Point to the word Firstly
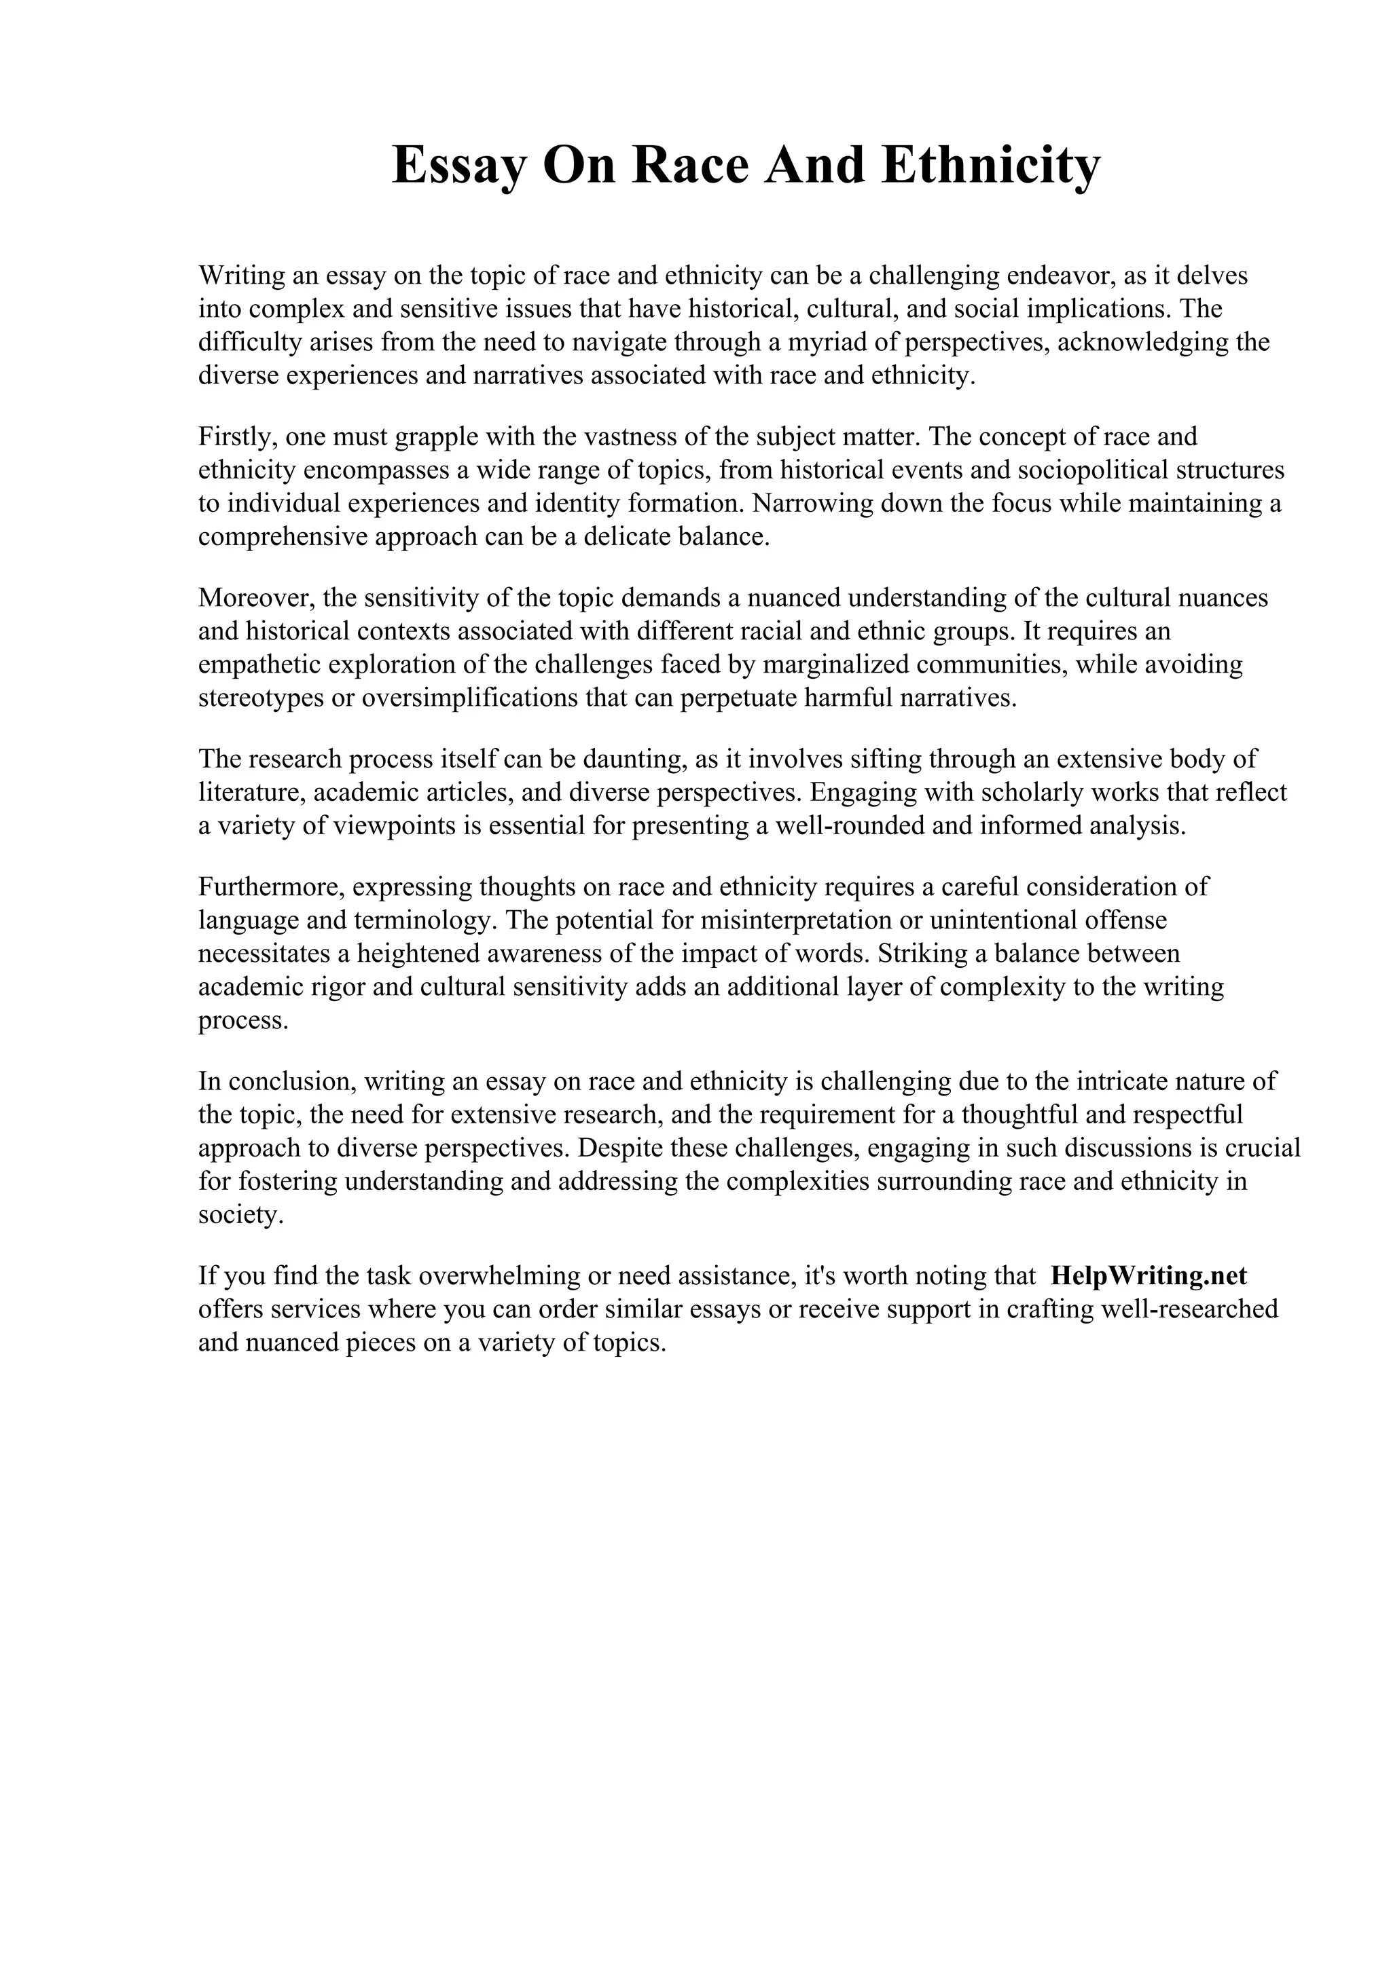click(238, 437)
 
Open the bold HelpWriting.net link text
click(1148, 1277)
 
